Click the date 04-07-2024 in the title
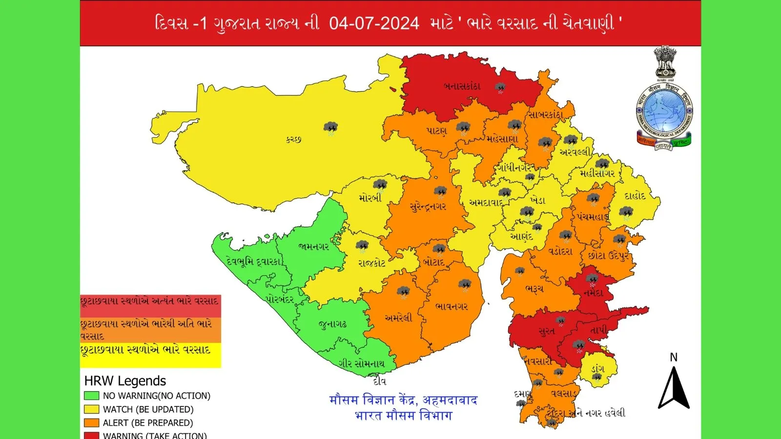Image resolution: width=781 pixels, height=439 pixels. coord(374,23)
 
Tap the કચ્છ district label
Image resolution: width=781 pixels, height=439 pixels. coord(293,140)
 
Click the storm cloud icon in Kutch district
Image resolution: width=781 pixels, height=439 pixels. coord(331,128)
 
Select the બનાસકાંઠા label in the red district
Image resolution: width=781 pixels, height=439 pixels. coord(462,86)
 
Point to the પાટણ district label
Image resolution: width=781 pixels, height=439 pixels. coord(436,131)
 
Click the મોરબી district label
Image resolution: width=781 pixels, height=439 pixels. coord(370,198)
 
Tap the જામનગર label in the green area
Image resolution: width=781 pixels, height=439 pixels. coord(313,247)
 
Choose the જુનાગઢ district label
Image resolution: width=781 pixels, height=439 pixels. coord(332,324)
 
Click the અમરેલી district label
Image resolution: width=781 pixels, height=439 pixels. coord(398,318)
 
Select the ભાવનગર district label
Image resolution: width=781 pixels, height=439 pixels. coord(452,307)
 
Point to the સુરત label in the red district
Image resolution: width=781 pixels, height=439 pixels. coord(546,332)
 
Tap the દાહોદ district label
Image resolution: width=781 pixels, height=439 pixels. coord(635,196)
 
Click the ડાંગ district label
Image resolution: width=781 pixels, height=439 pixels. coord(598,369)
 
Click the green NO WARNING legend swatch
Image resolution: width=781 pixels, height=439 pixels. coord(91,396)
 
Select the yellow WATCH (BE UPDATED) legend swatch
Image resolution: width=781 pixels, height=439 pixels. coord(91,409)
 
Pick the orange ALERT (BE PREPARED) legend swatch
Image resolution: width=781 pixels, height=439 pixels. coord(91,423)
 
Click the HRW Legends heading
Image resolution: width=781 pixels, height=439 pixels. coord(125,381)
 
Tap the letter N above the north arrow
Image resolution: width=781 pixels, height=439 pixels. coord(674,358)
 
